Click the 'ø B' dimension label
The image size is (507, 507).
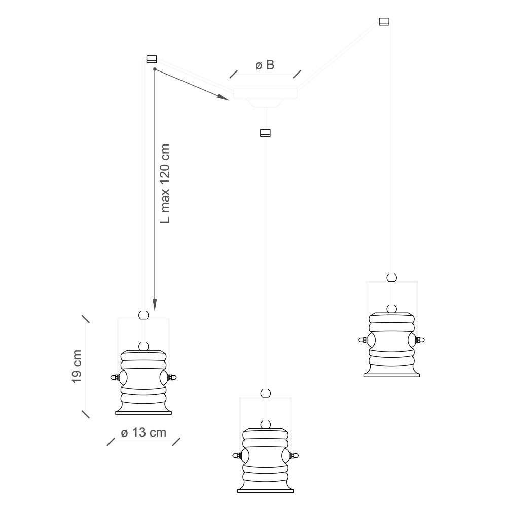(x=265, y=65)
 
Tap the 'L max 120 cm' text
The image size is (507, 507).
(x=165, y=184)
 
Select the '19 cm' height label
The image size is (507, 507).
(x=77, y=367)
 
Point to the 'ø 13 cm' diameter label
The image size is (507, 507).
(x=143, y=432)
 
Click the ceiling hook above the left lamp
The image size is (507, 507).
(x=152, y=59)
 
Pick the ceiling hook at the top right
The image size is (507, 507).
(x=384, y=21)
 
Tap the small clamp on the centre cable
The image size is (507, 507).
(x=265, y=133)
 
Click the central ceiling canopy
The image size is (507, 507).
(x=265, y=96)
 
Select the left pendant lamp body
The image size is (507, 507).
(x=143, y=382)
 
